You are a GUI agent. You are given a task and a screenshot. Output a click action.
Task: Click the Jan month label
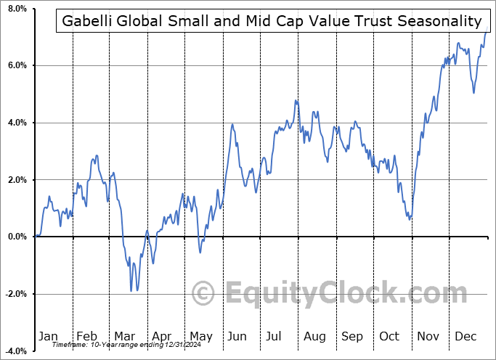tap(48, 336)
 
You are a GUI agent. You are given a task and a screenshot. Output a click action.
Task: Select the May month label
tap(200, 336)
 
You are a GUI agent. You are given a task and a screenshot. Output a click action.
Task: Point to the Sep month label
tap(352, 336)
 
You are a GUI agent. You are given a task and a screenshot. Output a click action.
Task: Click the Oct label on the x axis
tap(390, 336)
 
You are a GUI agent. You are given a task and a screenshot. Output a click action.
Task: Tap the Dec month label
tap(465, 336)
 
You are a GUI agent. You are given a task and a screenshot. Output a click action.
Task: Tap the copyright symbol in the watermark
tap(204, 294)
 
